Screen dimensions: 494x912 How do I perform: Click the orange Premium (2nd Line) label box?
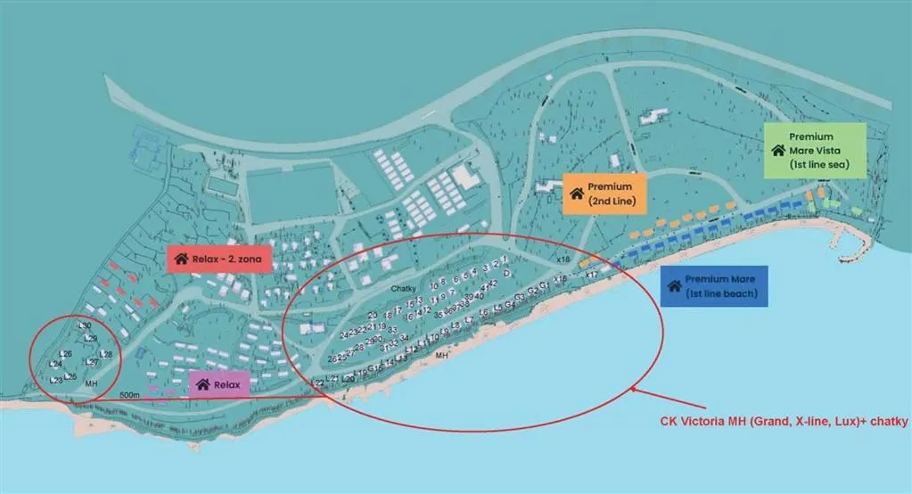[x=604, y=194]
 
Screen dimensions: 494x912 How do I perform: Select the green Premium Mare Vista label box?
[x=815, y=151]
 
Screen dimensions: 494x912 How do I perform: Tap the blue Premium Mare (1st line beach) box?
[x=713, y=286]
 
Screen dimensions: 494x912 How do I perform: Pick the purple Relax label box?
[x=219, y=384]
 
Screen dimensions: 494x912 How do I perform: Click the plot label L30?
[x=85, y=325]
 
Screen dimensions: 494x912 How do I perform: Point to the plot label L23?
[x=56, y=380]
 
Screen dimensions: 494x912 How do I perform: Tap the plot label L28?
[x=105, y=354]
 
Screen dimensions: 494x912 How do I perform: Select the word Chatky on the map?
[x=404, y=288]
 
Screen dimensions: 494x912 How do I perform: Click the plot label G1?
[x=544, y=287]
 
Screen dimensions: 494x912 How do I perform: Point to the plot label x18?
[x=563, y=259]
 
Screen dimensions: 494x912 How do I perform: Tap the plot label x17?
[x=591, y=275]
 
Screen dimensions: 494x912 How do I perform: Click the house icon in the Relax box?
[x=202, y=384]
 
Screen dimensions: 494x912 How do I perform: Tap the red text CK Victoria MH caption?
[x=783, y=421]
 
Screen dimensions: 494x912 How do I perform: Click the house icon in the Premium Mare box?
[x=675, y=286]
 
